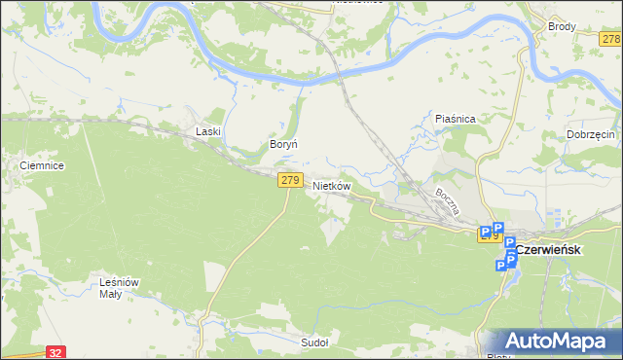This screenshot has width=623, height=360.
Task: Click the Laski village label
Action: [209, 130]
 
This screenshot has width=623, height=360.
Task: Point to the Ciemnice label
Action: [42, 166]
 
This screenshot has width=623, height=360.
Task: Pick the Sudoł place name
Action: [314, 342]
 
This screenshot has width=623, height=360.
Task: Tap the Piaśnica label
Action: [455, 119]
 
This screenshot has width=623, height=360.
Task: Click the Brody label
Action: [562, 27]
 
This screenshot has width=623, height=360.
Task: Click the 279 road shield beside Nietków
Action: [289, 180]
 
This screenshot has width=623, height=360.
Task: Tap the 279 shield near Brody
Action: [611, 39]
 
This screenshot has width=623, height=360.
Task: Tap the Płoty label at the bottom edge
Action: [496, 355]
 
